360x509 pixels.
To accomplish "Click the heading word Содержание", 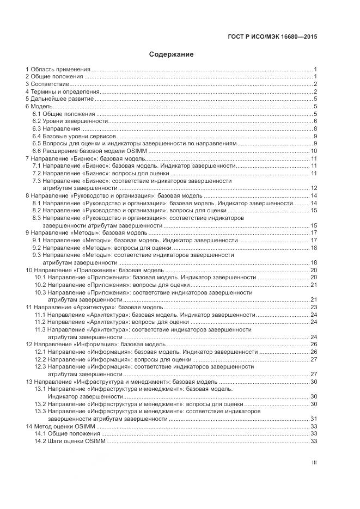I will click(x=171, y=54).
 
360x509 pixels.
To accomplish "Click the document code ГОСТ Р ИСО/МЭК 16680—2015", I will click(x=272, y=36).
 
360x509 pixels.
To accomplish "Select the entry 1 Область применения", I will click(x=58, y=70).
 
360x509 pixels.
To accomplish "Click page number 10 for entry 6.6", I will click(x=314, y=151).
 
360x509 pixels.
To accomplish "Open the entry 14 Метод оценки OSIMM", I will click(x=60, y=426).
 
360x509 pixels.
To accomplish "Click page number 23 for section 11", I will click(x=314, y=308).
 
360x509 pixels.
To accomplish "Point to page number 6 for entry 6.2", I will click(x=315, y=121).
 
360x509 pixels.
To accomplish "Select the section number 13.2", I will click(x=40, y=404).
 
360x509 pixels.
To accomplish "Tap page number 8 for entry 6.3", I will click(x=315, y=128).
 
